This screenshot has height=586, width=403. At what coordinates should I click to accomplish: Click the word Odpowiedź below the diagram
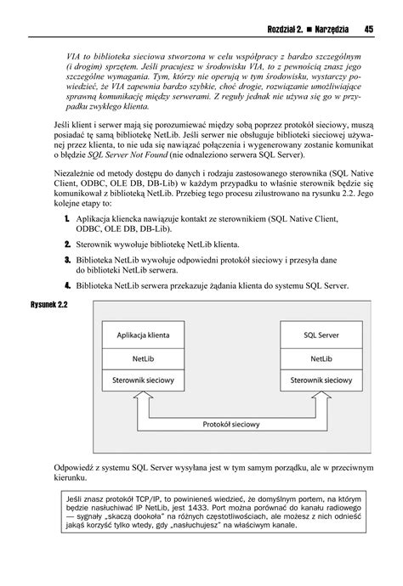74,467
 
